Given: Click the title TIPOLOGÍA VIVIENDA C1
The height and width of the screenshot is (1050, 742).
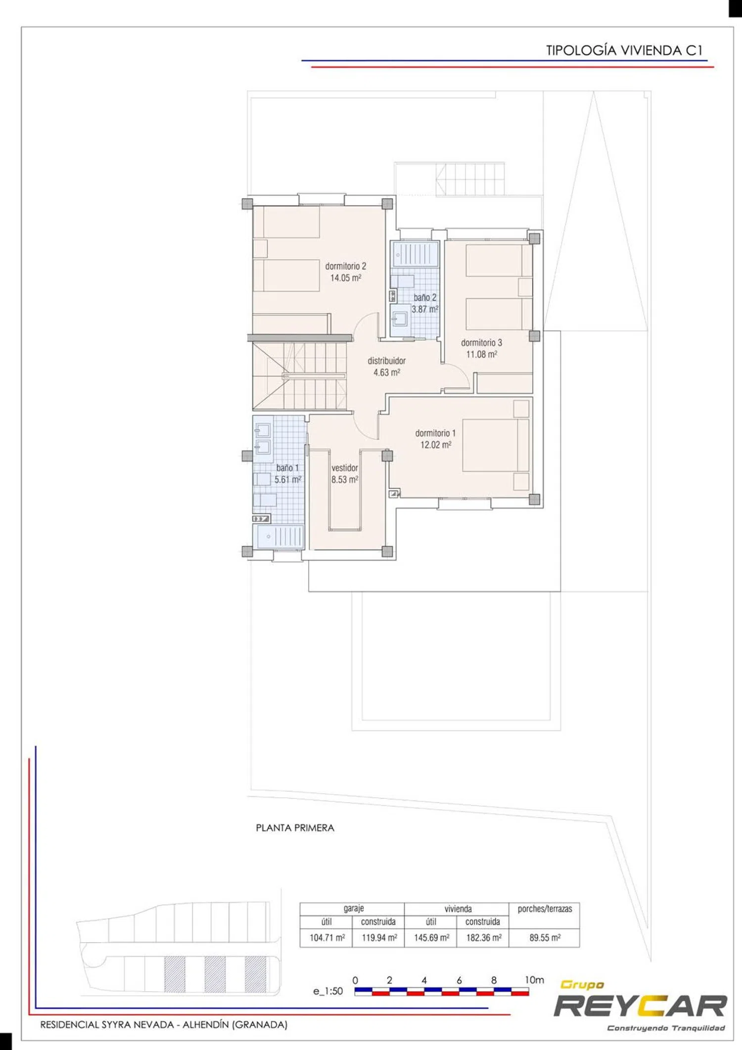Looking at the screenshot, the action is point(624,50).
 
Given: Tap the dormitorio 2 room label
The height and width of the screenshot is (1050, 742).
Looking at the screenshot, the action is point(346,266).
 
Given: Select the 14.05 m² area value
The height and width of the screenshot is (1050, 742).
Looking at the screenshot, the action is point(346,278).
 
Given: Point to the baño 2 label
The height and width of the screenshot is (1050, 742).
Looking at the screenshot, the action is point(425,297).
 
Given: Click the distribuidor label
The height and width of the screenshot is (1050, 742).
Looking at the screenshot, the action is point(386,361).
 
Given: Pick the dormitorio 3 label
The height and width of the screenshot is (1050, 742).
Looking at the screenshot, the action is point(481,342).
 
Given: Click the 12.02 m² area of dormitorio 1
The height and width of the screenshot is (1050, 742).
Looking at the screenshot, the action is point(436,445).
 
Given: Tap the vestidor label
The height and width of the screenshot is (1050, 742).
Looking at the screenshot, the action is point(345,468).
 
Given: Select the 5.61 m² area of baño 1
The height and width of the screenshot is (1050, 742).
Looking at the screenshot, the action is point(288,479).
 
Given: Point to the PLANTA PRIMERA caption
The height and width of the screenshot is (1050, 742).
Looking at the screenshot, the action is point(295,828).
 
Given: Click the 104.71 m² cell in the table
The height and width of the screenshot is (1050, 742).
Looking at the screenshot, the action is point(327,938).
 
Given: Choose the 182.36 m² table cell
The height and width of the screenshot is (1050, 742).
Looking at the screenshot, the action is point(484,938).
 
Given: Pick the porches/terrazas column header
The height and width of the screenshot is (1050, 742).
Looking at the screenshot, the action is point(545,909).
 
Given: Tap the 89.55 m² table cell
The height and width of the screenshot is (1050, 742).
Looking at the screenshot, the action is point(545,938).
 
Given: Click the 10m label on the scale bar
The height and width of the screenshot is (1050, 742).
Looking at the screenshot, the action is point(534,980).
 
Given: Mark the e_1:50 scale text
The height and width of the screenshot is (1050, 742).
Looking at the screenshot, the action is point(328,991).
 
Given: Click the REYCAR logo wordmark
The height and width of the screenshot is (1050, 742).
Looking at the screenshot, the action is point(640,1006).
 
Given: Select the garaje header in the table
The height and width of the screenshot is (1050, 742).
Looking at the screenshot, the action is point(353,909).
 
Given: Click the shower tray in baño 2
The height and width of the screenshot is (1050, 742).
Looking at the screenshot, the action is point(415,254).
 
